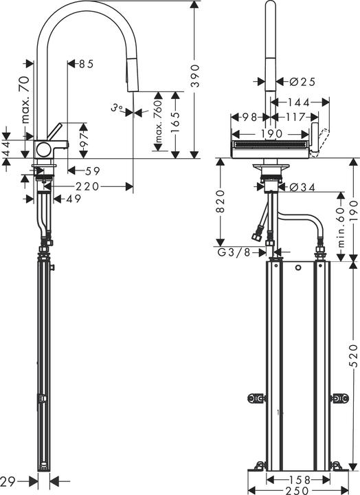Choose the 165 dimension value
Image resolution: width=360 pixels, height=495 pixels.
click(175, 124)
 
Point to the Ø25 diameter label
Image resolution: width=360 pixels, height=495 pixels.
click(302, 81)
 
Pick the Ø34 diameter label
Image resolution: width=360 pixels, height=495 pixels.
click(302, 186)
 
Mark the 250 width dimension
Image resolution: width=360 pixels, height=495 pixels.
click(297, 489)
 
